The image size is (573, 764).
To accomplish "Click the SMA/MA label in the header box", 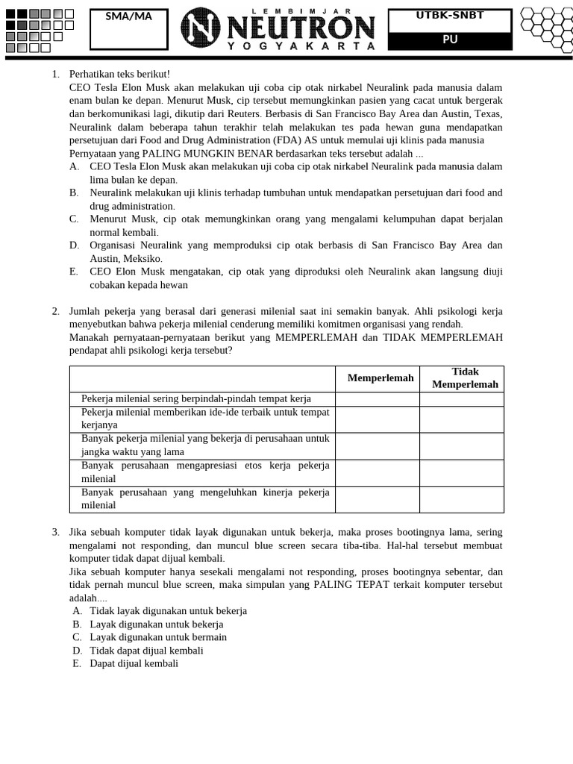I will [128, 16].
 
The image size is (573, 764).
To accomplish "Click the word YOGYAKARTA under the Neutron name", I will [301, 46].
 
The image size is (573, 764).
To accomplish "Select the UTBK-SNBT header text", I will [450, 16].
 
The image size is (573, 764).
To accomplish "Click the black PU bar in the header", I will [450, 40].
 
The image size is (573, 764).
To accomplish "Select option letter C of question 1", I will [75, 219].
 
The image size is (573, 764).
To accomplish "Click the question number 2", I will [56, 311].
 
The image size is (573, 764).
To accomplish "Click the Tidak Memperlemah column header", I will [465, 378].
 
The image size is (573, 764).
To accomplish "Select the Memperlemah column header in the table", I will [380, 378].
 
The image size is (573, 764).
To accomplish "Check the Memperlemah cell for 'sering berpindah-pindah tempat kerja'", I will [377, 399].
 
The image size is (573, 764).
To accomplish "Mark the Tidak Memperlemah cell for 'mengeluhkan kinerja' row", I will [461, 499].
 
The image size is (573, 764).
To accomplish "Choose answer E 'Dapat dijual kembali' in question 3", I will [134, 663].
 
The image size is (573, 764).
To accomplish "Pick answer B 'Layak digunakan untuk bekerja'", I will [156, 624].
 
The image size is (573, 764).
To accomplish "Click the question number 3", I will [56, 532].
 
